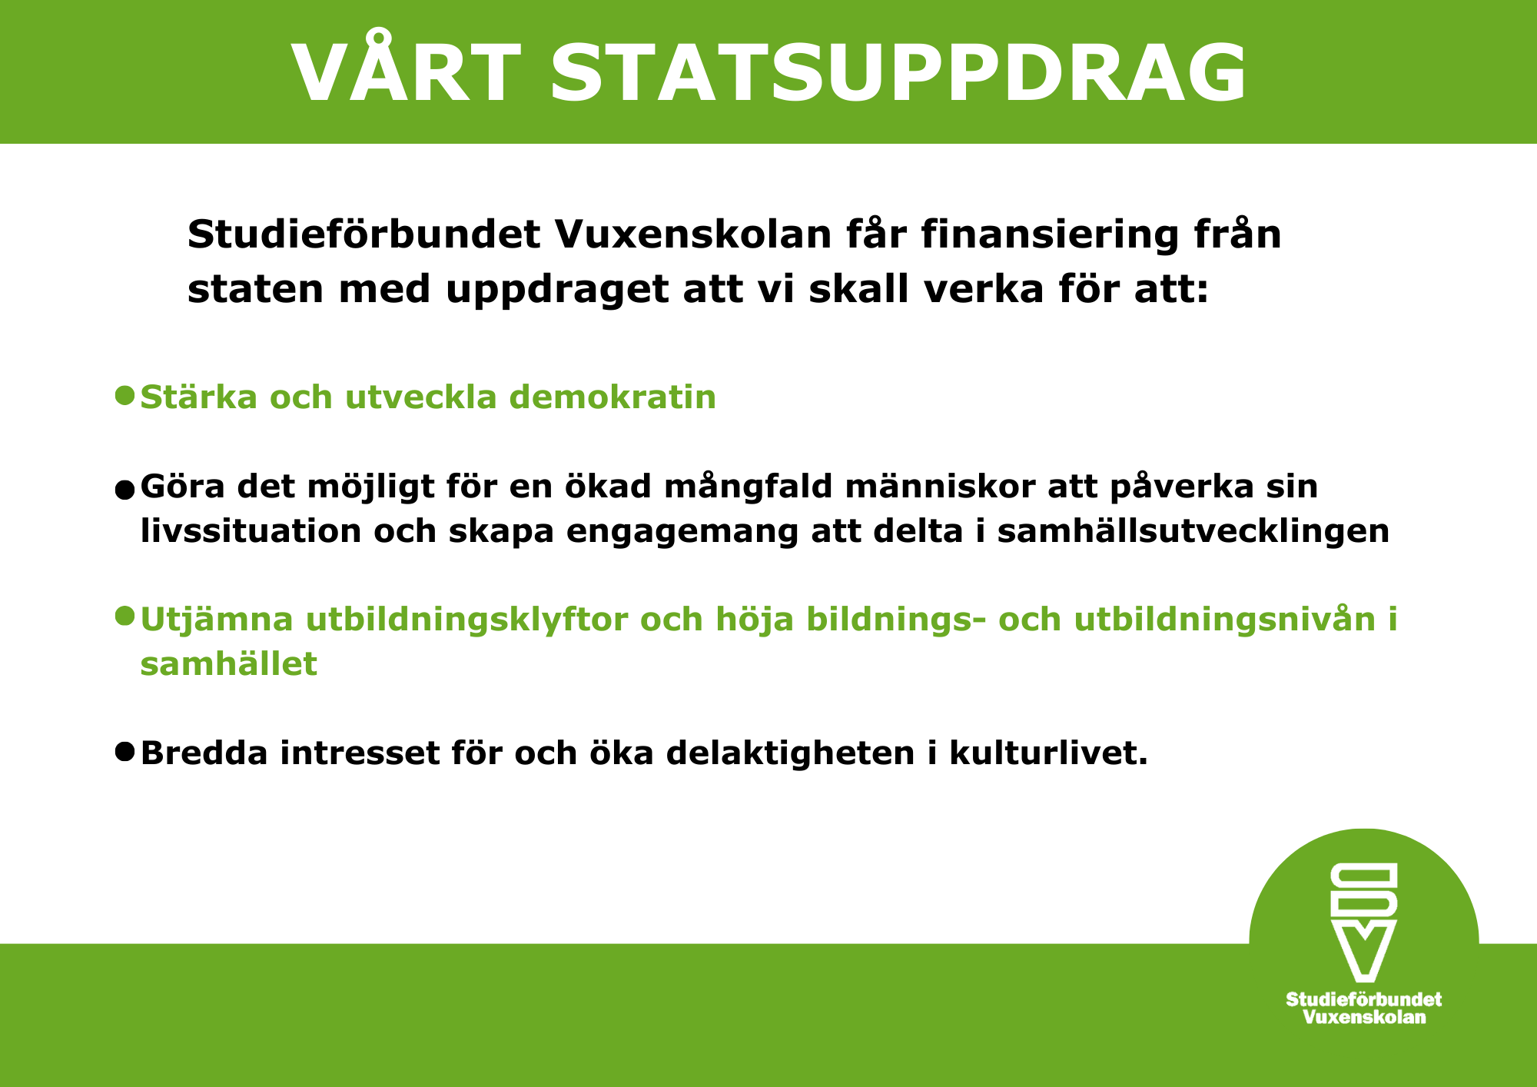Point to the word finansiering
pyautogui.click(x=1050, y=235)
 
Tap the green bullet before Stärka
pyautogui.click(x=124, y=395)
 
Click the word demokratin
pyautogui.click(x=612, y=397)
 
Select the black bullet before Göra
pyautogui.click(x=124, y=490)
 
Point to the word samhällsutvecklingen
pyautogui.click(x=1193, y=531)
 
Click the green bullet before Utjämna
pyautogui.click(x=124, y=616)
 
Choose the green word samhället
pyautogui.click(x=228, y=663)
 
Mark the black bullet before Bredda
pyautogui.click(x=124, y=751)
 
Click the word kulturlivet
pyautogui.click(x=1048, y=753)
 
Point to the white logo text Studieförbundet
pyautogui.click(x=1363, y=999)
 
